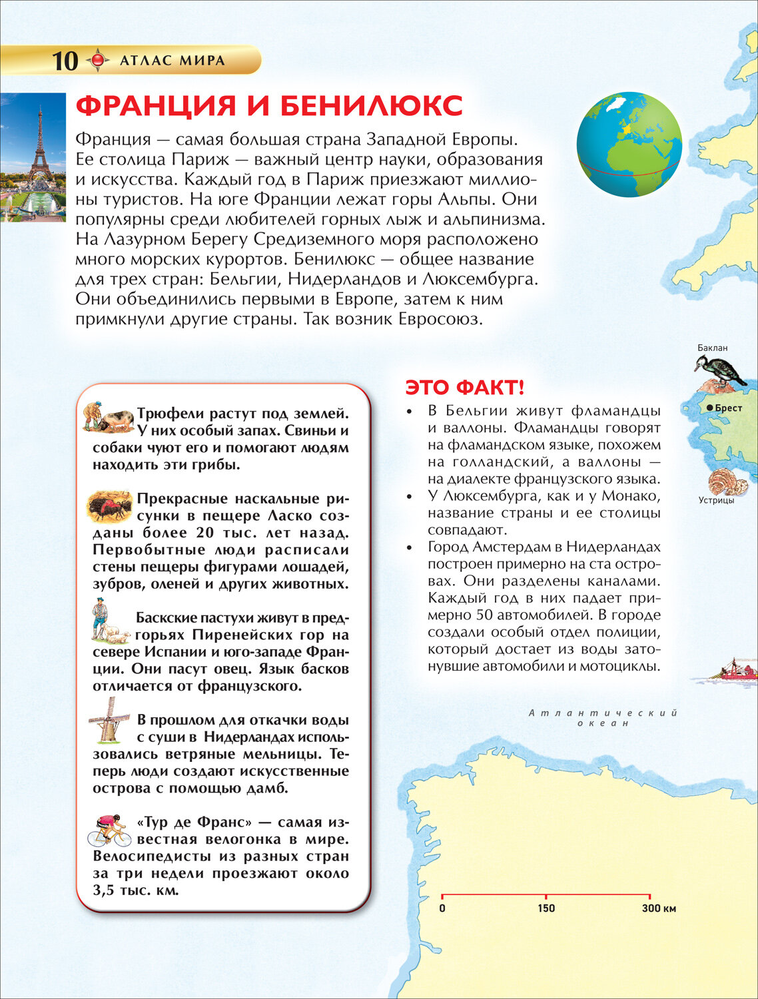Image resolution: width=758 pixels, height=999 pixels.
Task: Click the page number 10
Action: pos(65,61)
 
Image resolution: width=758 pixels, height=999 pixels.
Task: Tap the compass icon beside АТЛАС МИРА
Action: pos(98,61)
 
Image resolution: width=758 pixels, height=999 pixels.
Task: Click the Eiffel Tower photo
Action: pos(33,157)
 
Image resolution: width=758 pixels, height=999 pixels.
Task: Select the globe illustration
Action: pos(629,145)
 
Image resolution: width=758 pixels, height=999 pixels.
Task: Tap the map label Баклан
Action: pos(712,348)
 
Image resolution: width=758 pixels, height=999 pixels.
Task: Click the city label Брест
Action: pos(727,408)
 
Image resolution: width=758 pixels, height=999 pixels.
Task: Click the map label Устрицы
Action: pos(716,500)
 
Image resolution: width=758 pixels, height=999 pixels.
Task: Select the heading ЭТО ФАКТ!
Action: pos(465,387)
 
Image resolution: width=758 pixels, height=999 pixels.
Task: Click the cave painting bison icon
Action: pos(109,507)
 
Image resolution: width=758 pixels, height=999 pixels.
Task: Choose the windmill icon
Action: pos(108,720)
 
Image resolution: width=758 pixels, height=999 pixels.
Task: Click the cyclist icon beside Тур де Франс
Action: pos(107,830)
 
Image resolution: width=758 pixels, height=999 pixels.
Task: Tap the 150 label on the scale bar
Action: pos(546,908)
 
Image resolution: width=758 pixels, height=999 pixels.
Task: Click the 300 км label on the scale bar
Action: pos(659,908)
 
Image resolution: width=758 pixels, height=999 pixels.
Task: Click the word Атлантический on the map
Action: pos(603,713)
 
